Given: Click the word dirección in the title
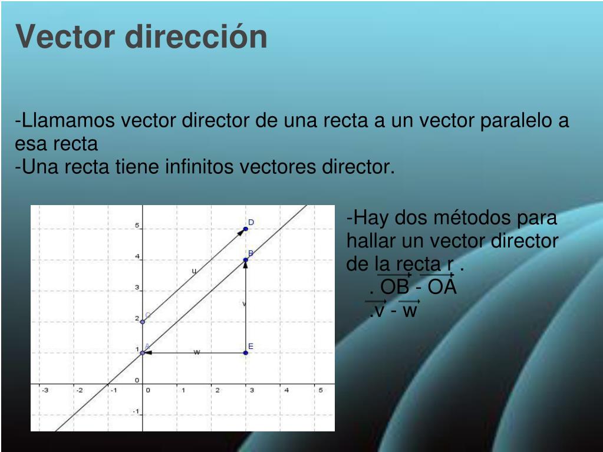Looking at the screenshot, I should click(196, 37).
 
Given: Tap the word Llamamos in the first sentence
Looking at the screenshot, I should click(65, 121).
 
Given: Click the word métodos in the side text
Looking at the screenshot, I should click(474, 217).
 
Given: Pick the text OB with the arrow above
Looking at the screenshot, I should click(394, 287).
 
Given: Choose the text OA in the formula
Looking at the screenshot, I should click(442, 287).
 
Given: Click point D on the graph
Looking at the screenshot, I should click(246, 229).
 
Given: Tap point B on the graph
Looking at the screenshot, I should click(246, 259).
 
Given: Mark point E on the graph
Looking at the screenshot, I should click(246, 352).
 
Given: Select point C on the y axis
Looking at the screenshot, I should click(143, 322).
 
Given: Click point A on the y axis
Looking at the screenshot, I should click(143, 352).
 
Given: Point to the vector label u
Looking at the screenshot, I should click(194, 271).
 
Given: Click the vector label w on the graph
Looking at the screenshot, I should click(197, 352).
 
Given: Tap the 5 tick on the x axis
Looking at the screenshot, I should click(321, 390).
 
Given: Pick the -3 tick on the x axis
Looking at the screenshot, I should click(45, 390).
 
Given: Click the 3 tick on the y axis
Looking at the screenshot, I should click(137, 288).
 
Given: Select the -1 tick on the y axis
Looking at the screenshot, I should click(136, 411).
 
